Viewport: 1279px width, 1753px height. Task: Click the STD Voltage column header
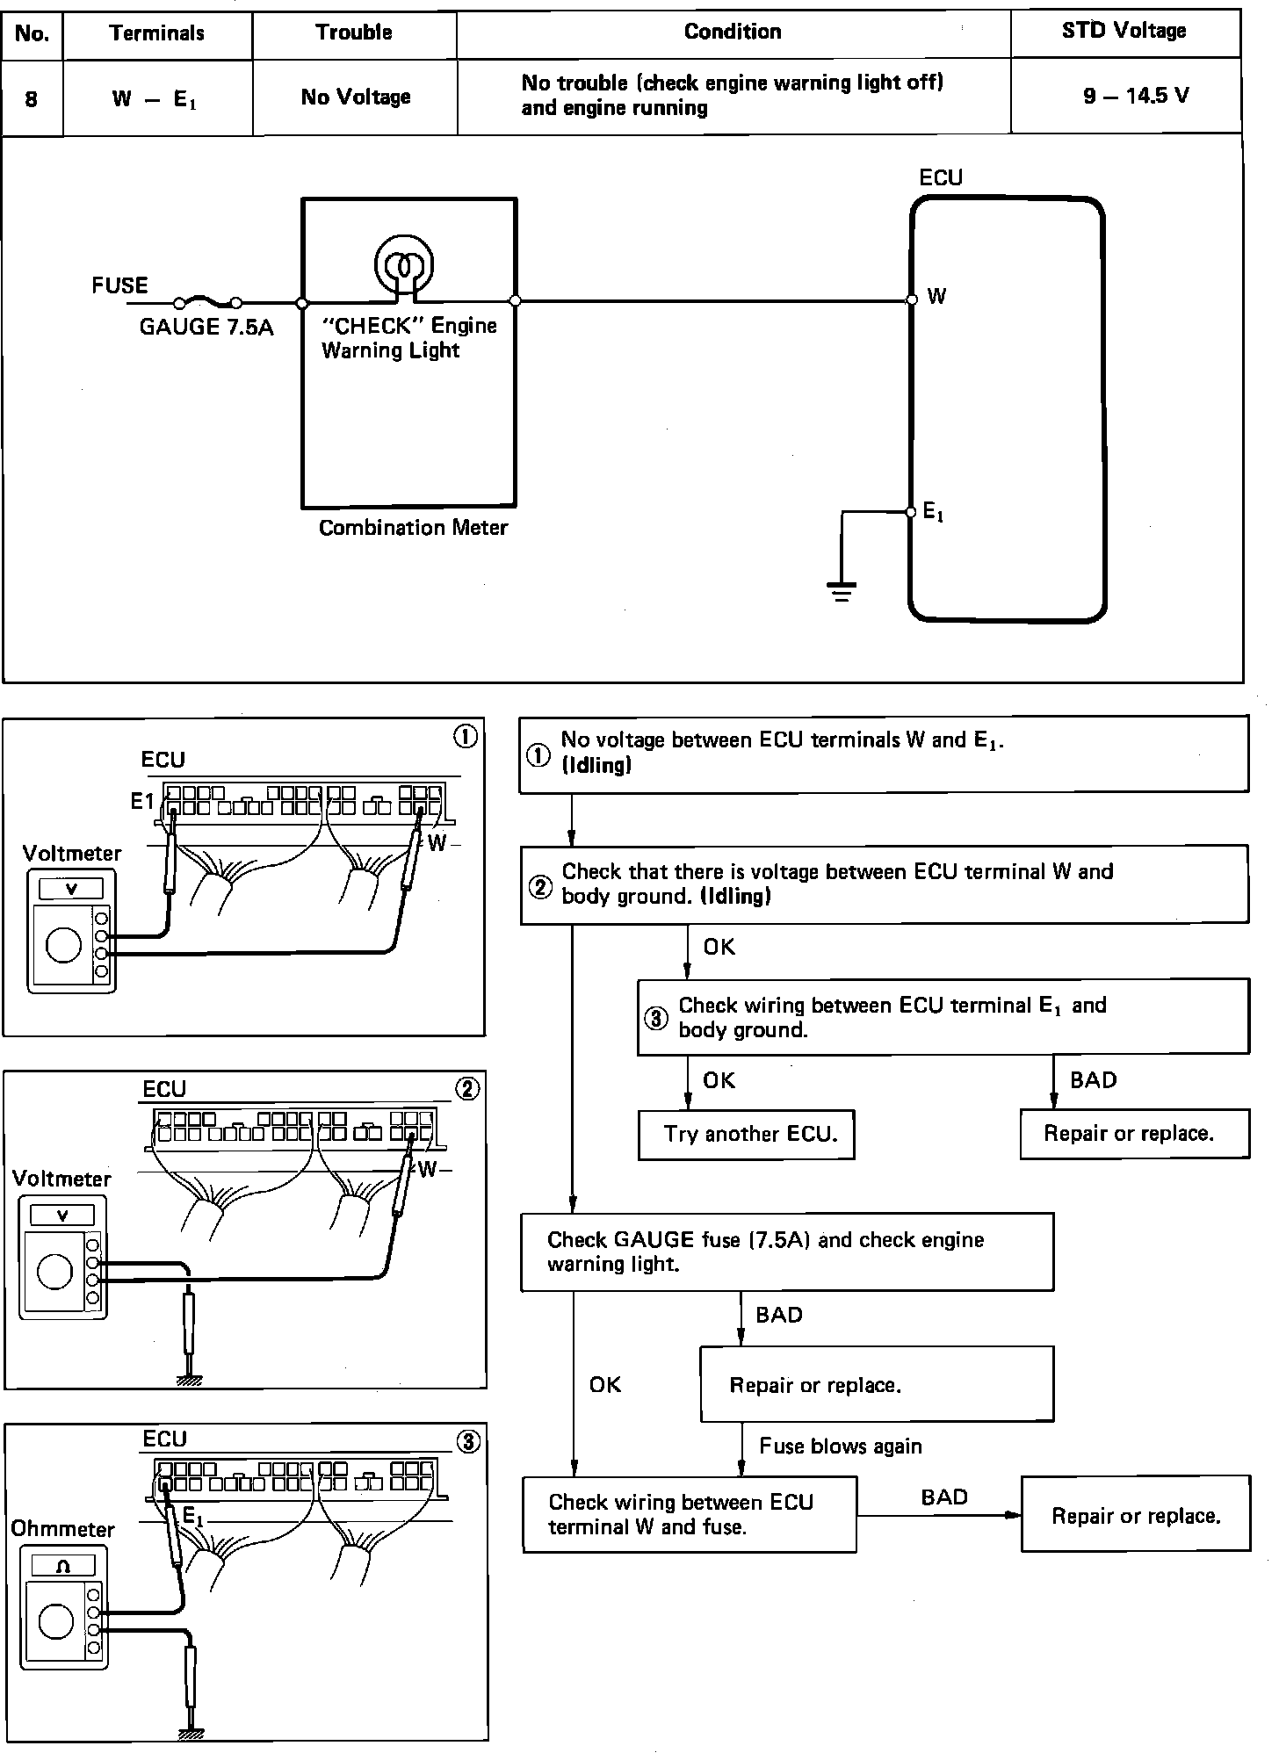1124,32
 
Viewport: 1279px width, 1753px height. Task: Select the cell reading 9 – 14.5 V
1135,96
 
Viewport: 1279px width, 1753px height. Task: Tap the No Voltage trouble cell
355,97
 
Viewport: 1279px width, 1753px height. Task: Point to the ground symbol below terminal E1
842,592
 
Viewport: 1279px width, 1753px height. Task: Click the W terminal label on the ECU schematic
936,297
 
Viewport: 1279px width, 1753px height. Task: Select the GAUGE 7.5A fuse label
206,328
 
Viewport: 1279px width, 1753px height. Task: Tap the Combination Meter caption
413,528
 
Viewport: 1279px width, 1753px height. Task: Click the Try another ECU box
747,1134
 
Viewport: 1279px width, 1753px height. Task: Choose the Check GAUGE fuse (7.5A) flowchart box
786,1252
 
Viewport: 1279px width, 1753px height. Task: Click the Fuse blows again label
841,1446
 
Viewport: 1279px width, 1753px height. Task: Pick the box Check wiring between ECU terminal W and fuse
689,1514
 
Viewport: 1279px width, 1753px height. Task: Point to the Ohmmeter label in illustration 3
63,1529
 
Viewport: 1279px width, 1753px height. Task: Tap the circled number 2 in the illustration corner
467,1090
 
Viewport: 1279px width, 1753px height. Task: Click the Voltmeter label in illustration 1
72,853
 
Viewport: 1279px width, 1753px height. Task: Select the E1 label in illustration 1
141,801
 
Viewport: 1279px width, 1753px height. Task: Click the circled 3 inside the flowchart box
656,1019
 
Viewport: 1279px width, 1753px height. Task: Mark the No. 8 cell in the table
32,97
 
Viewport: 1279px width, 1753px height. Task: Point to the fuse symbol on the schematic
208,302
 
